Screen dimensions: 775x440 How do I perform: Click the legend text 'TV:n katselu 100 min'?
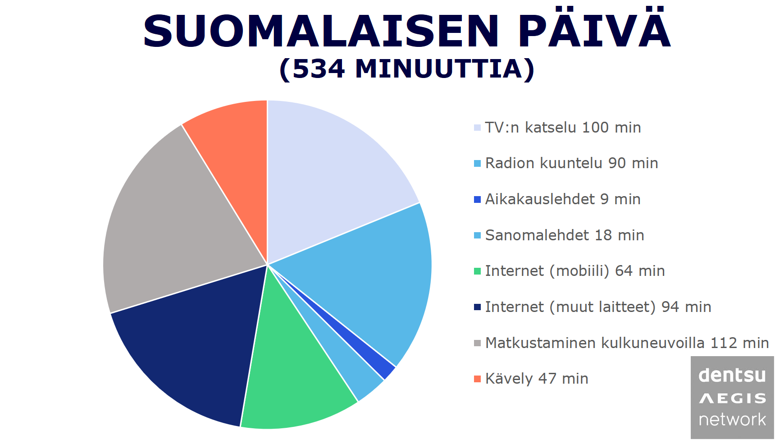pos(563,128)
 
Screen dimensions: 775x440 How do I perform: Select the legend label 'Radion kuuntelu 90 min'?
pos(571,163)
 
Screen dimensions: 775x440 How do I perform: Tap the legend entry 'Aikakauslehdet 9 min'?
pos(563,199)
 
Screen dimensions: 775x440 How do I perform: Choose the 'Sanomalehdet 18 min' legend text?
pos(565,235)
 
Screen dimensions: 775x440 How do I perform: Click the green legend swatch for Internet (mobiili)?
pos(478,271)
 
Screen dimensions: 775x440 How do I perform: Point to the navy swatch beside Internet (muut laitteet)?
pos(478,307)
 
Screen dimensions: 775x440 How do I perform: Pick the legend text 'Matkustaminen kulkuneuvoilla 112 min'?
pos(627,343)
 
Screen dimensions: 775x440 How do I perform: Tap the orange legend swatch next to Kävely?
pos(478,379)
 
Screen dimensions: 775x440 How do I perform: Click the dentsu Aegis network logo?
pos(732,398)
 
